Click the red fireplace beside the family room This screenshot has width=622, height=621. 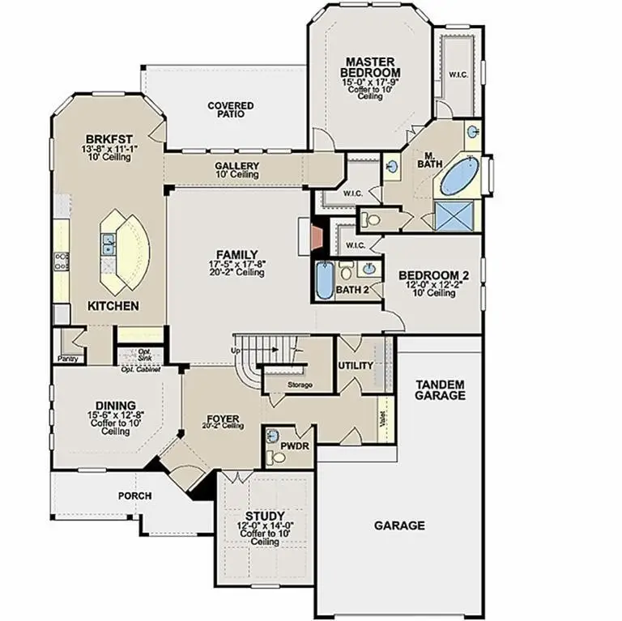tap(316, 237)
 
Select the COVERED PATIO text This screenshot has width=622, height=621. tap(230, 110)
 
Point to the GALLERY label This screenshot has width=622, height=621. tap(236, 166)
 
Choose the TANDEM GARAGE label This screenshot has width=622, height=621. tap(440, 390)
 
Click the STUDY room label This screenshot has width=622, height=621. tap(265, 516)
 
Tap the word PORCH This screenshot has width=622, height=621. tap(135, 496)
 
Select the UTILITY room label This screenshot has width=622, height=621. tap(356, 365)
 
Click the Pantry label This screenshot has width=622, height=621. tap(66, 358)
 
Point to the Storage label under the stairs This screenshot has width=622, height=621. tap(299, 385)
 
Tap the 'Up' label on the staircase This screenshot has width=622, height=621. tap(236, 351)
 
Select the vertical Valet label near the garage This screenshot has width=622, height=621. tap(381, 419)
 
